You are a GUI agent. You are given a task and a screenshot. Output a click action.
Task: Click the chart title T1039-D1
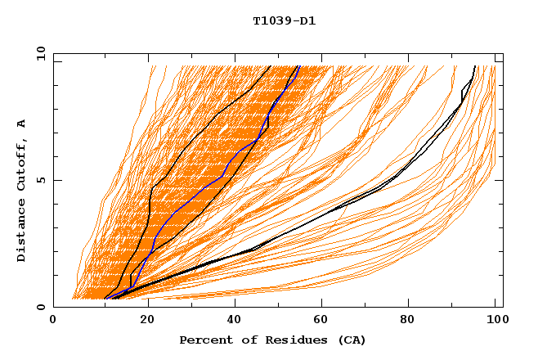tap(285, 20)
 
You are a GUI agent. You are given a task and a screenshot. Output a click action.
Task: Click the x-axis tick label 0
tap(54, 322)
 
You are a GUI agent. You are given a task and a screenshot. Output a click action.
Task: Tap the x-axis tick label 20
tap(146, 322)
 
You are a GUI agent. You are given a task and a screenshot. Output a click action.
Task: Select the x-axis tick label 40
tap(235, 322)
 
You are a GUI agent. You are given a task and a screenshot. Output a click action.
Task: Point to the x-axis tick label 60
tap(324, 322)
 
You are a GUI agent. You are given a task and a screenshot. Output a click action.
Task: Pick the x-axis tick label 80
tap(412, 322)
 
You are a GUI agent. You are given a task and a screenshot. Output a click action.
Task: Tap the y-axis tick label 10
tap(41, 53)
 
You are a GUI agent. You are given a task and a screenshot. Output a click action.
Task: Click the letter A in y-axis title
tap(22, 123)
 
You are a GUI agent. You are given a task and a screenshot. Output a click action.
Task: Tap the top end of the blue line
tap(299, 66)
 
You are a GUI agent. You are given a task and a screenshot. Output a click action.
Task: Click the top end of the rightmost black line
tap(474, 66)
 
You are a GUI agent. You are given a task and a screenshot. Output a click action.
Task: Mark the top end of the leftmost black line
tap(271, 66)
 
